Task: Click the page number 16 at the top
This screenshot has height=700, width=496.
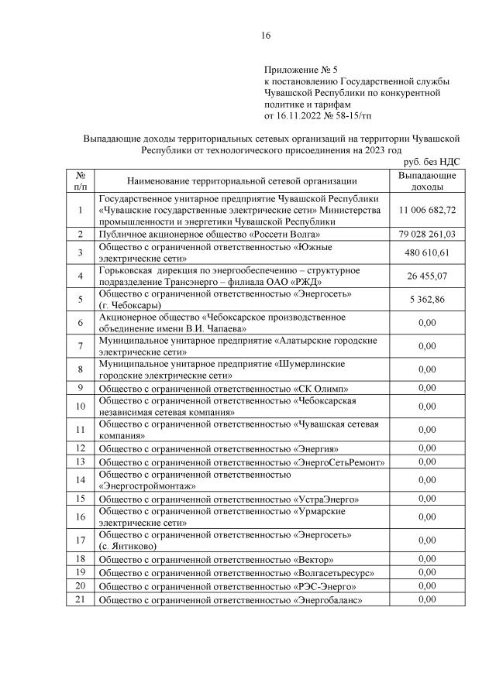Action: point(266,36)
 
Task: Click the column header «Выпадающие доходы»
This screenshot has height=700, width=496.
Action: point(427,181)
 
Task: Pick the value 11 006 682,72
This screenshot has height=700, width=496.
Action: point(427,210)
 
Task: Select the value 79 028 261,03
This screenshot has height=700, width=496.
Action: point(427,235)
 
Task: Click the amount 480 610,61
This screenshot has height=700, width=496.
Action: point(427,252)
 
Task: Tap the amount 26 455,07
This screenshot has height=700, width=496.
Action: point(427,275)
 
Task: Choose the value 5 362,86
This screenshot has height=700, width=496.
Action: point(427,299)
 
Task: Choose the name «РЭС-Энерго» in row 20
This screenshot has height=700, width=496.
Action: point(325,586)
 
